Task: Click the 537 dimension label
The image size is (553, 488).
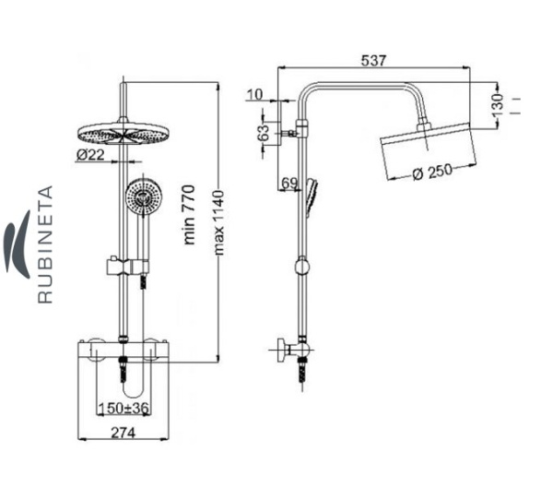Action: point(374,61)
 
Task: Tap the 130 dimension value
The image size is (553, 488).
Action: point(497,105)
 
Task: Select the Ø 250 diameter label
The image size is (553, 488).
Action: point(432,172)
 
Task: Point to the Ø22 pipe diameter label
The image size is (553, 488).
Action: point(90,155)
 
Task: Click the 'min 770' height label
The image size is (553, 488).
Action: point(189,214)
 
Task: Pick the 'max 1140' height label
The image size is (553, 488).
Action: point(219,222)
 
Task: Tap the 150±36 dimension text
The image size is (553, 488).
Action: point(124,408)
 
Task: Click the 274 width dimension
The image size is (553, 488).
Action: point(124,433)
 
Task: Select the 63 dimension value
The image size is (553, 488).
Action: point(264,133)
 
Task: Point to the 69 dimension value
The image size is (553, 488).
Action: point(289,183)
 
